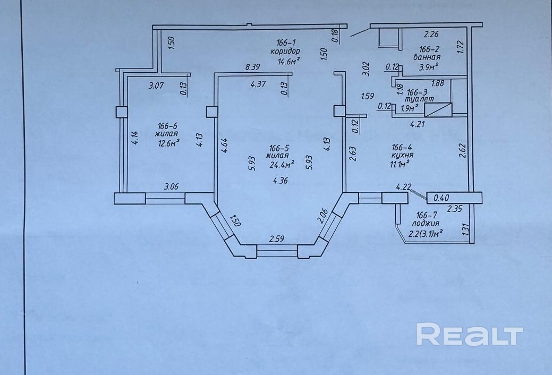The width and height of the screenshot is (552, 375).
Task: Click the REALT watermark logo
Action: pos(469,335)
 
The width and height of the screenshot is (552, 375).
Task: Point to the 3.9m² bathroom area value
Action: pos(427,67)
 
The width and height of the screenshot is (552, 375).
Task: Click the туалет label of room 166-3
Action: pos(419,99)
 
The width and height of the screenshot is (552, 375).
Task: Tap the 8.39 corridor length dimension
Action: pos(253,67)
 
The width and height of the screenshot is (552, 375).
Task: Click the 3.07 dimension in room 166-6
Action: pos(155,84)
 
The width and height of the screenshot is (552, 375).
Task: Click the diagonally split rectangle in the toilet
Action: pos(438,109)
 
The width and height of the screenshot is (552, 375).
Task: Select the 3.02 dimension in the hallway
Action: pos(365,70)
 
